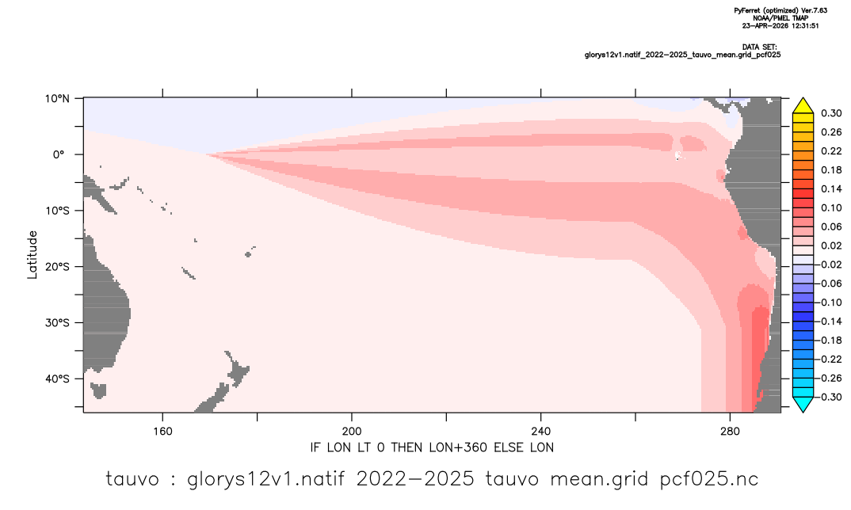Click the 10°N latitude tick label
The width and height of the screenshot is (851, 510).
coord(57,99)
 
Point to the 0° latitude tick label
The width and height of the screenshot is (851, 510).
coord(59,154)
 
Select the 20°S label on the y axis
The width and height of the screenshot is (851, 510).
coord(57,267)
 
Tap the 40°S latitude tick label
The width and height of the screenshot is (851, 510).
coord(57,379)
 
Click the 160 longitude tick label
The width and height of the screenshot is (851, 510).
coord(162,432)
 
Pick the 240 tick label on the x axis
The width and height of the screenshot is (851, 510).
coord(541,432)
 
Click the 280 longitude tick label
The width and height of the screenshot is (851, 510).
coord(730,432)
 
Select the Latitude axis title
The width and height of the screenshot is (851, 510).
coord(32,255)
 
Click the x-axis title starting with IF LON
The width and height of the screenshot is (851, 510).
coord(432,447)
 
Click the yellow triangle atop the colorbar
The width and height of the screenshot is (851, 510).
coord(803,106)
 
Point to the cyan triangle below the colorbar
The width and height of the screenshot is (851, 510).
coord(803,405)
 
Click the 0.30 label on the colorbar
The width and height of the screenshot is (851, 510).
coord(831,113)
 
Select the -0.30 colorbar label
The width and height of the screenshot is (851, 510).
coord(828,397)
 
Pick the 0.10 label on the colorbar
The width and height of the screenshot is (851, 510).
coord(831,207)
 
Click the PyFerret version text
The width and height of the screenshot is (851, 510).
coord(780,11)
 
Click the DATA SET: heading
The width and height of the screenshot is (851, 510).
coord(760,48)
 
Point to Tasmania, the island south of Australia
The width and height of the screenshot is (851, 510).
coord(98,390)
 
